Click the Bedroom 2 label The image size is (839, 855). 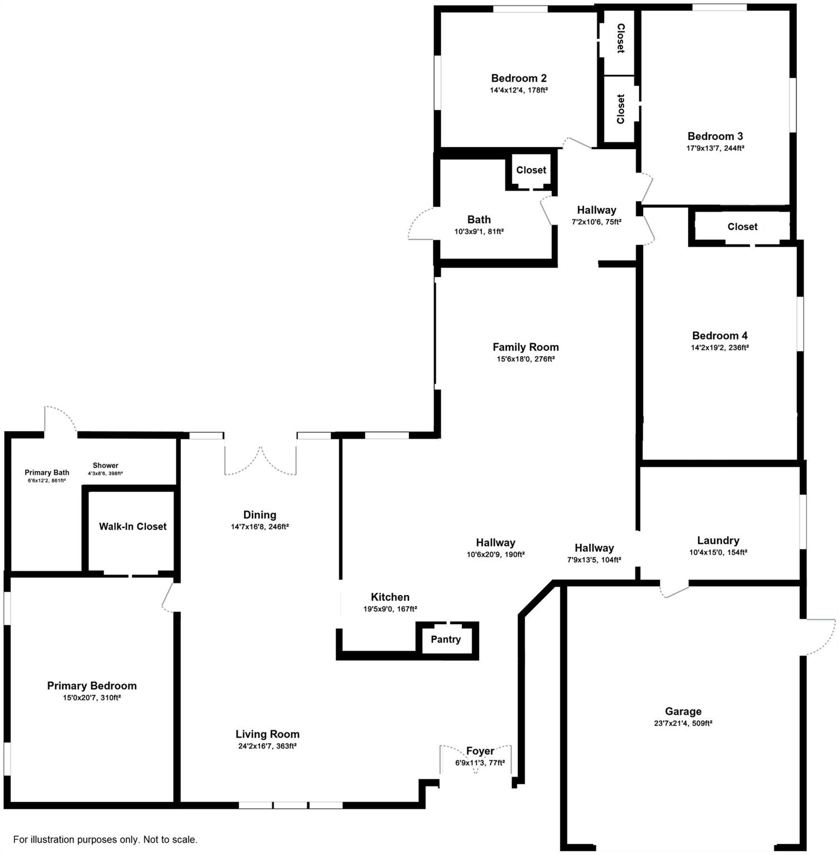click(x=519, y=78)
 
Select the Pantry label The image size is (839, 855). click(x=446, y=639)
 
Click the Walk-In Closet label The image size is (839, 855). click(x=132, y=526)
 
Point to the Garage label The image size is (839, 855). click(x=683, y=711)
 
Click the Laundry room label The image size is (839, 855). click(x=718, y=540)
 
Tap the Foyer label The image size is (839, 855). click(x=480, y=751)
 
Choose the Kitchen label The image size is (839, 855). click(x=390, y=597)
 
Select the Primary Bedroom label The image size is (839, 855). click(x=92, y=685)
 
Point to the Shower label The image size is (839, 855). click(x=105, y=465)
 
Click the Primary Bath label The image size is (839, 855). click(x=47, y=473)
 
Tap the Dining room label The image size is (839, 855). click(x=259, y=514)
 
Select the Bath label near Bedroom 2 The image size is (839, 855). click(x=478, y=219)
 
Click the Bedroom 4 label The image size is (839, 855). click(x=719, y=335)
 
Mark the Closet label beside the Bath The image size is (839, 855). click(x=531, y=170)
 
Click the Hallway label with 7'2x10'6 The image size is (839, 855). click(x=596, y=210)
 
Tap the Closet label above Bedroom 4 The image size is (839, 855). click(x=742, y=227)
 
